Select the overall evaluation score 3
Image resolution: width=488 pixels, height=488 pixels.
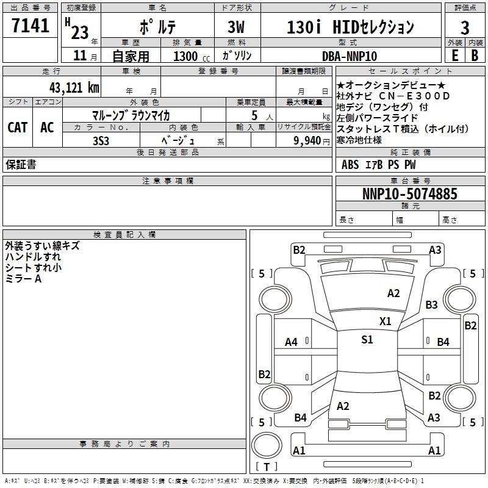tap(465, 27)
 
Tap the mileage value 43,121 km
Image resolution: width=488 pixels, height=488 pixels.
tap(73, 87)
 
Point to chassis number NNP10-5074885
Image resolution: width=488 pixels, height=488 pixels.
tap(409, 194)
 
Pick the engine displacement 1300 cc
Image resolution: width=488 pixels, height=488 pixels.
tap(190, 56)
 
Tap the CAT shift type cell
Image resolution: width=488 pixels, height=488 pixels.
tap(17, 127)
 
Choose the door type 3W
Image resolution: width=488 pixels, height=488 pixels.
tap(237, 27)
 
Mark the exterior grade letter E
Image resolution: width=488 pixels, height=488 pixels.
tap(454, 56)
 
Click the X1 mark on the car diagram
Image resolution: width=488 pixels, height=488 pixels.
tap(385, 321)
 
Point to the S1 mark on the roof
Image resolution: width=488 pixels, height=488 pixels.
tap(367, 340)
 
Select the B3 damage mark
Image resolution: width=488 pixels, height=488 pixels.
tap(432, 304)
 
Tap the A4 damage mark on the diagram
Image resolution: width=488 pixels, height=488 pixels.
tap(291, 342)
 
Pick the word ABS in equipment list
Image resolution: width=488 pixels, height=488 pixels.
tap(350, 164)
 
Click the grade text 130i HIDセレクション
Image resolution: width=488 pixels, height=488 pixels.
tap(350, 27)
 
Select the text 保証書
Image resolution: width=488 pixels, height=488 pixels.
tap(21, 164)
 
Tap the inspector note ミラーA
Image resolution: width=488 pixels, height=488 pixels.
tap(23, 279)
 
